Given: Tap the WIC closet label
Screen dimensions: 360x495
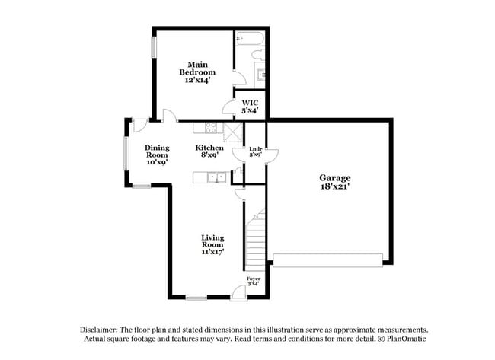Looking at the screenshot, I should (250, 107).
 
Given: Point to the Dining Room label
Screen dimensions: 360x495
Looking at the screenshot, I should (157, 155).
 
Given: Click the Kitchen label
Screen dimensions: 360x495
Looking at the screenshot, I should (209, 151).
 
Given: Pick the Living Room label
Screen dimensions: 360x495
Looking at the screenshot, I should (212, 244).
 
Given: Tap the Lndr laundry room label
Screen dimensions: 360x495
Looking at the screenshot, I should (255, 151).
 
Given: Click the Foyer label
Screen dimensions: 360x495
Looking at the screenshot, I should (254, 282).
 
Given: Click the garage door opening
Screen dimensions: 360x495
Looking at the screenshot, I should (327, 261).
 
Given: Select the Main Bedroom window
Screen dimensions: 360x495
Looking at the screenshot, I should (155, 45).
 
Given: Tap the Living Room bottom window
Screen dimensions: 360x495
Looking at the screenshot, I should (196, 297).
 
